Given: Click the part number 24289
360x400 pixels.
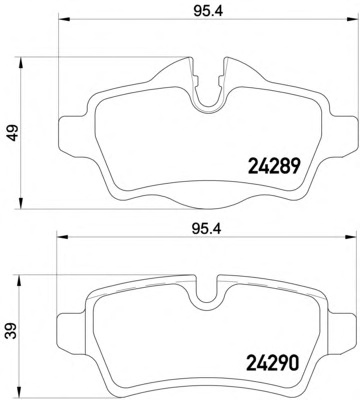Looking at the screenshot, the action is coord(274,166).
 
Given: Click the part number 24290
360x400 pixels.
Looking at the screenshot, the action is coord(272,363).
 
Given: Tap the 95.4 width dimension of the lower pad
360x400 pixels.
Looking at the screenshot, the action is coord(207,229).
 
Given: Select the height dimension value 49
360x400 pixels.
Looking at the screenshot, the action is coord(14,133).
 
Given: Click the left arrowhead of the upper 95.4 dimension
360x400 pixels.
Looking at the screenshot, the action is coord(64,19).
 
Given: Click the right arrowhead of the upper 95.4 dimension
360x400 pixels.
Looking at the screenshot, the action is coord(351,19).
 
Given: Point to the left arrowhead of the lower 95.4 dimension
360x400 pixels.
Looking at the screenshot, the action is coord(62,237).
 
